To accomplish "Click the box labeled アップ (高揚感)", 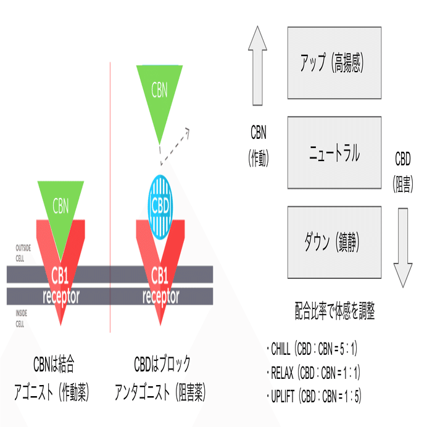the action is click(334, 63).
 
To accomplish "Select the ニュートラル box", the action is click(334, 152).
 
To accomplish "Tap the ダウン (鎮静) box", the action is click(334, 242).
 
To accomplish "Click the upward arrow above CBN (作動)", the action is click(257, 65).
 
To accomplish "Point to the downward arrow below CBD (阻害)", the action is click(403, 248).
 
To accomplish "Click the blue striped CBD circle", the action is click(160, 207).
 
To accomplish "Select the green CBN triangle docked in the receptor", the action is click(60, 215).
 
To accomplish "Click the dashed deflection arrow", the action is click(175, 146).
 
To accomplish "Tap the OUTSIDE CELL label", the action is click(23, 253).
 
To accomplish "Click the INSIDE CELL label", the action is click(21, 318).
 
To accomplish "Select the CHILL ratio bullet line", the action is click(312, 349).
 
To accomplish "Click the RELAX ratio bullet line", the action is click(313, 373).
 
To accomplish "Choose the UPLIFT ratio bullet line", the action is click(314, 396).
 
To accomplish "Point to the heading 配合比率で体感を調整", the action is click(335, 311).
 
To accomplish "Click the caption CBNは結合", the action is click(54, 364).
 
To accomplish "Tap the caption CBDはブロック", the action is click(162, 364).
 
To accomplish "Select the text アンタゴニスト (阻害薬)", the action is click(160, 392).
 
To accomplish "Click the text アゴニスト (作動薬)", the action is click(51, 392).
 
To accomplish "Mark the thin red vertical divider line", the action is click(110, 197).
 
